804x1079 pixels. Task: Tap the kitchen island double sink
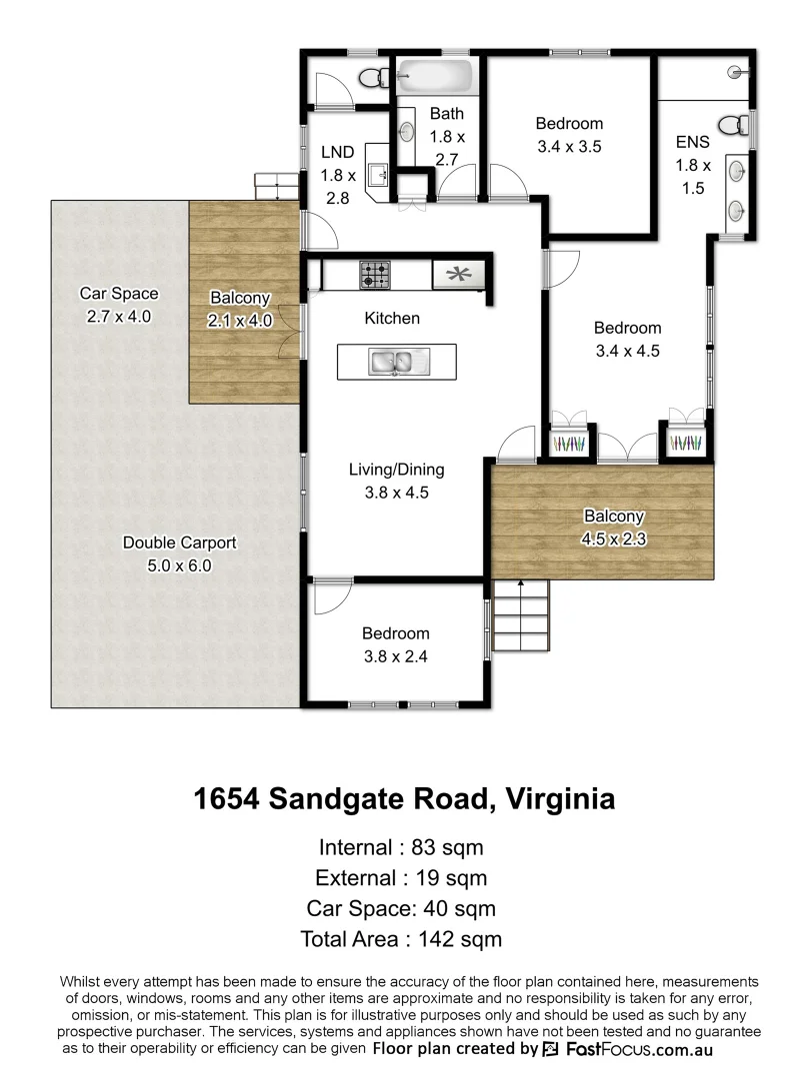pos(397,362)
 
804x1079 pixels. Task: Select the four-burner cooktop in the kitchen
pos(376,274)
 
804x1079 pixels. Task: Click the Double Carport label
pos(180,553)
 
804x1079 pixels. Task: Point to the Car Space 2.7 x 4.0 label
pos(119,305)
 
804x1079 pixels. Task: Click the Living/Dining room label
pos(396,480)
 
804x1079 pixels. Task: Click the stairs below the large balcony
pos(521,617)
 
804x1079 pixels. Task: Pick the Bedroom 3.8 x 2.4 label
pos(396,644)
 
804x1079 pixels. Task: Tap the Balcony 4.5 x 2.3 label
pos(614,528)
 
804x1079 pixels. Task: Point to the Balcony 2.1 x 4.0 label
pos(239,308)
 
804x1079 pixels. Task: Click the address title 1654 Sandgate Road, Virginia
pos(403,799)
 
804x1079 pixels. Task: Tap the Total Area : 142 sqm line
pos(401,939)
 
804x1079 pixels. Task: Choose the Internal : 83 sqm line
pos(401,848)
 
